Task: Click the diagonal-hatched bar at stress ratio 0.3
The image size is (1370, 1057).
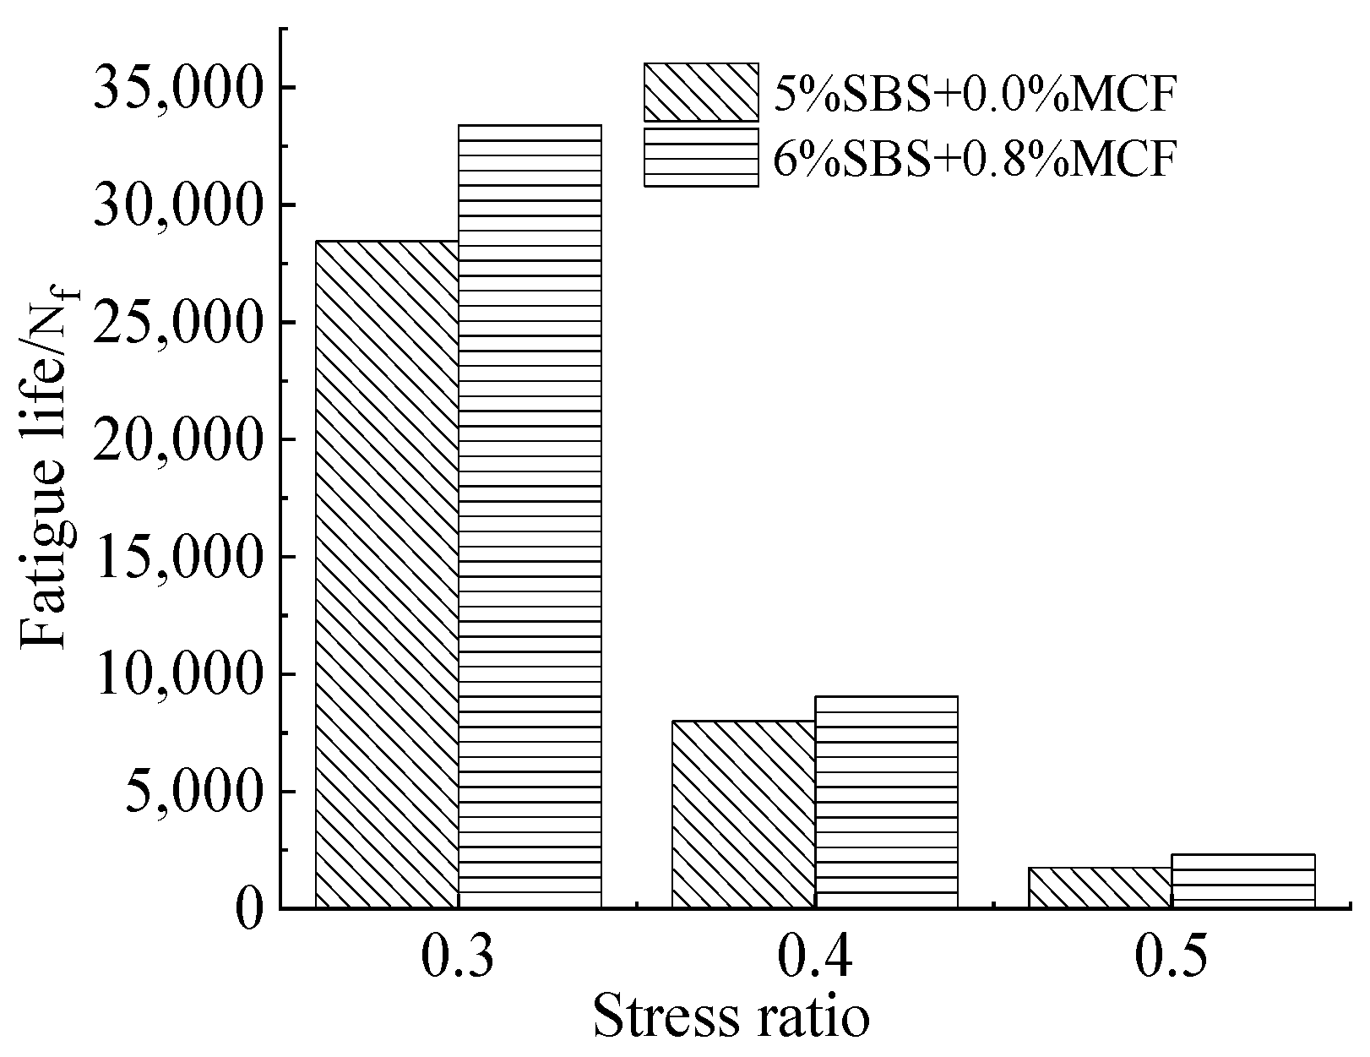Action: click(387, 575)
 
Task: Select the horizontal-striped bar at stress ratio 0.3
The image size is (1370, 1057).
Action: click(530, 517)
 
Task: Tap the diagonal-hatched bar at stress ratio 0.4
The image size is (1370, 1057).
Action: click(743, 815)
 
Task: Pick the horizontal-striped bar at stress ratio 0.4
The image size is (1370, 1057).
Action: click(886, 802)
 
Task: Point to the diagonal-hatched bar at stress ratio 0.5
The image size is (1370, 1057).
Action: click(1100, 888)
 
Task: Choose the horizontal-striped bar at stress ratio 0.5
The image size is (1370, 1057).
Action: click(1242, 881)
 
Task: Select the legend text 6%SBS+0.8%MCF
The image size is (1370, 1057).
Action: click(974, 157)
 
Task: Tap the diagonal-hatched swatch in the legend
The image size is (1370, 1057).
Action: click(701, 92)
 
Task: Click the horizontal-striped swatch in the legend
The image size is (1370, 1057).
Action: click(701, 157)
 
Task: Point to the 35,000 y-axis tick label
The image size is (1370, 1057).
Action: click(178, 88)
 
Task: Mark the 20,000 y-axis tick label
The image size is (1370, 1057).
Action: click(178, 439)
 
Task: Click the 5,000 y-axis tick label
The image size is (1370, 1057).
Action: click(194, 792)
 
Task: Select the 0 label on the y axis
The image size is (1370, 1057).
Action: click(250, 910)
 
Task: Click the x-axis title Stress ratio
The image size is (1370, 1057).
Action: click(731, 1016)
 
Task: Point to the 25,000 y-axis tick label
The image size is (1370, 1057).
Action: click(178, 323)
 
